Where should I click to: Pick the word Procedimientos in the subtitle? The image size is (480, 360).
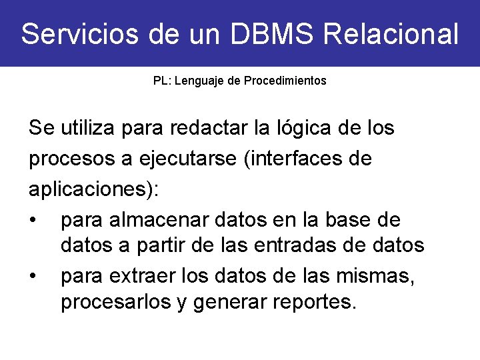click(285, 81)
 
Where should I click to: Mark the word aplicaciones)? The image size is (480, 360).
click(94, 189)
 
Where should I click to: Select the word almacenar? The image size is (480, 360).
click(157, 219)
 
